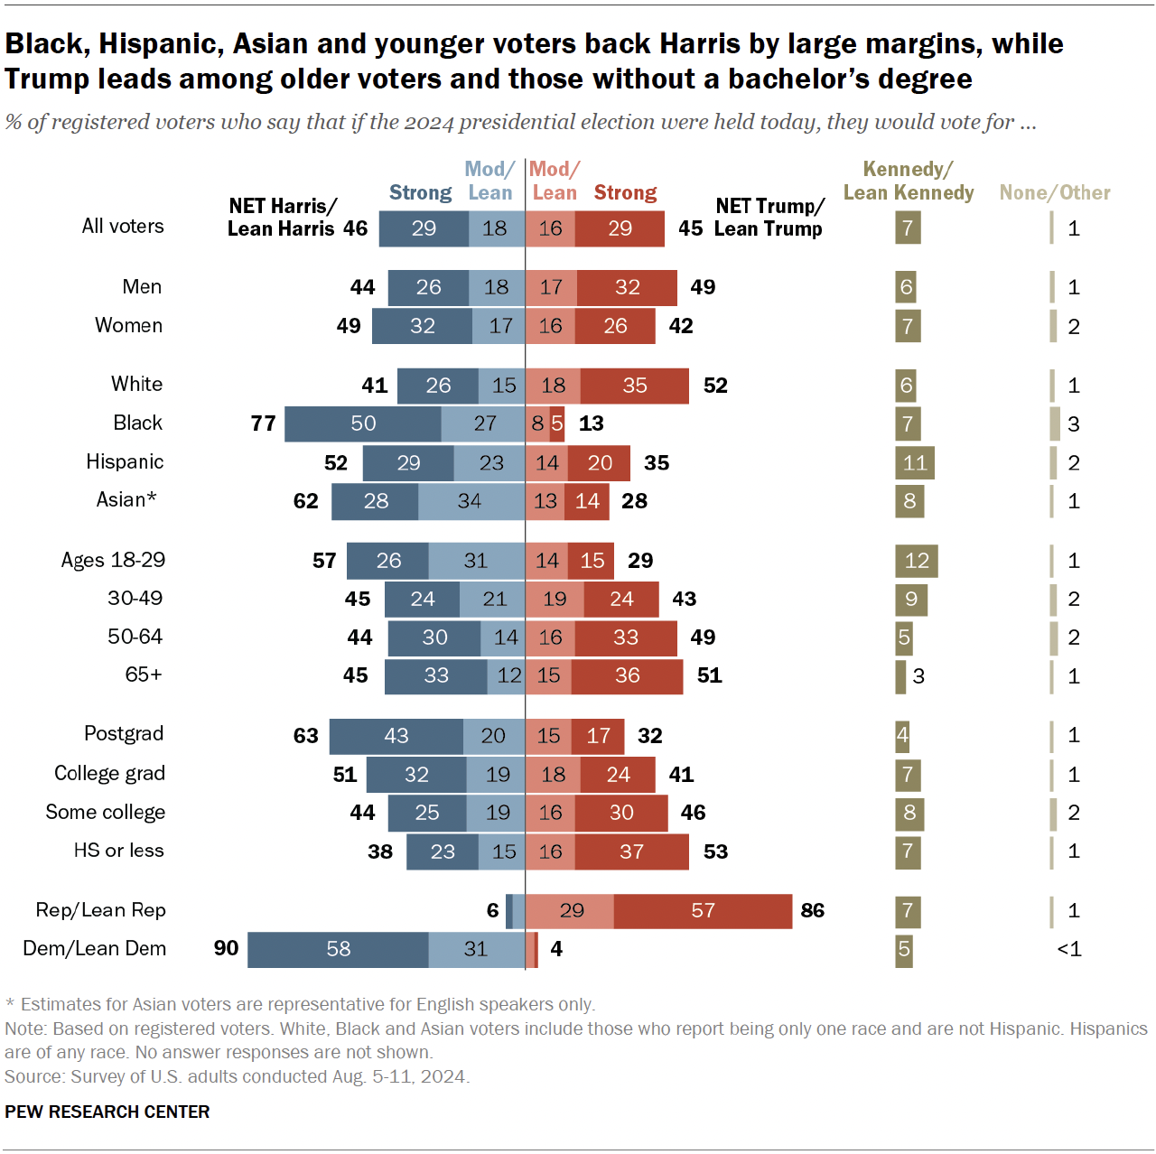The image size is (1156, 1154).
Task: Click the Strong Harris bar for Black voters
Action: pos(362,423)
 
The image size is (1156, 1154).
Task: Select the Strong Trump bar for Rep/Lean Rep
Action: pos(703,910)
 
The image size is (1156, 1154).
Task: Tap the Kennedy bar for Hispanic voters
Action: pos(914,463)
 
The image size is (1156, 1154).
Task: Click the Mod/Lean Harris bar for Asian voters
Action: pos(471,501)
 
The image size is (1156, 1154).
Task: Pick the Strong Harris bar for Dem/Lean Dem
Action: pos(338,949)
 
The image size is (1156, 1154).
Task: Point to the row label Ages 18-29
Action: pos(113,560)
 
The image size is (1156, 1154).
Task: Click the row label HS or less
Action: pos(118,851)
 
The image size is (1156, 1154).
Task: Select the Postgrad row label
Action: pos(124,733)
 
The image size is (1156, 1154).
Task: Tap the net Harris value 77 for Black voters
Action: pos(263,423)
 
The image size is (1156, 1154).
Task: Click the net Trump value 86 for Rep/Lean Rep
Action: pos(812,910)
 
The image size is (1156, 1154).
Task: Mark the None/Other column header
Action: pos(1054,192)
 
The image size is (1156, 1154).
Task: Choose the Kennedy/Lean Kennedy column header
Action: pos(908,181)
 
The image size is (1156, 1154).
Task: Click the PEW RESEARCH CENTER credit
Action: pos(107,1112)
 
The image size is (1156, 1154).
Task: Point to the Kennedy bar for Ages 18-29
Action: pos(916,561)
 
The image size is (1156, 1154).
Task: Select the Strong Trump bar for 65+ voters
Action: pos(627,675)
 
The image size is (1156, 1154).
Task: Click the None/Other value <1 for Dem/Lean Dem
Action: pos(1068,949)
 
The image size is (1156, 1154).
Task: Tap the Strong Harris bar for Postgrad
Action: pos(396,736)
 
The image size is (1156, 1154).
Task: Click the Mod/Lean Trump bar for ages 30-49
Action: pos(554,599)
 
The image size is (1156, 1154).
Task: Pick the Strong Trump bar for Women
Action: pos(615,326)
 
